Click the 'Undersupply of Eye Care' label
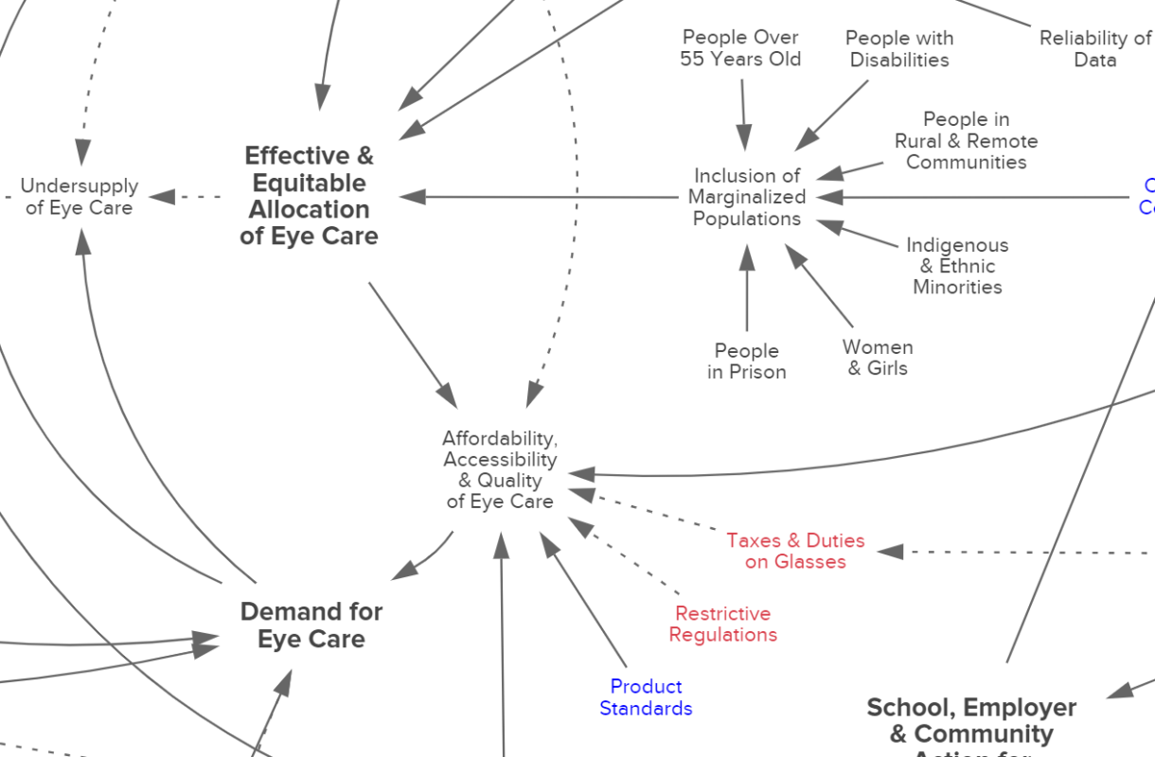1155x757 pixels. (79, 197)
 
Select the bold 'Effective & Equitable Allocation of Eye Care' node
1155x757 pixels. (309, 196)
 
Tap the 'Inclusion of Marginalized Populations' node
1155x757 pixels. (747, 197)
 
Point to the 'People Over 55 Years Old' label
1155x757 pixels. (740, 48)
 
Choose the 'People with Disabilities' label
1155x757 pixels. (898, 49)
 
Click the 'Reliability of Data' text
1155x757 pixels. (1094, 49)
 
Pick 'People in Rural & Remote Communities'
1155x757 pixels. (966, 141)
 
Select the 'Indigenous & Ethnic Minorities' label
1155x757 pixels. (957, 266)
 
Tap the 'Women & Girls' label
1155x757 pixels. (878, 358)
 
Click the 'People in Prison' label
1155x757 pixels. (747, 361)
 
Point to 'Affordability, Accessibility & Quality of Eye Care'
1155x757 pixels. (500, 469)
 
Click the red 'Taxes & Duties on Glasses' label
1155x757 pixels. (795, 551)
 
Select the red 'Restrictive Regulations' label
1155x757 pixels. (723, 625)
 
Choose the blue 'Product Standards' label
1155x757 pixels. (646, 697)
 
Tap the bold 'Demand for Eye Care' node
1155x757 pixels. (311, 625)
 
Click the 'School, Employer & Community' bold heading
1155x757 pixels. (971, 721)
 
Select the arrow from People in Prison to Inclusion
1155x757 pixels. (747, 289)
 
